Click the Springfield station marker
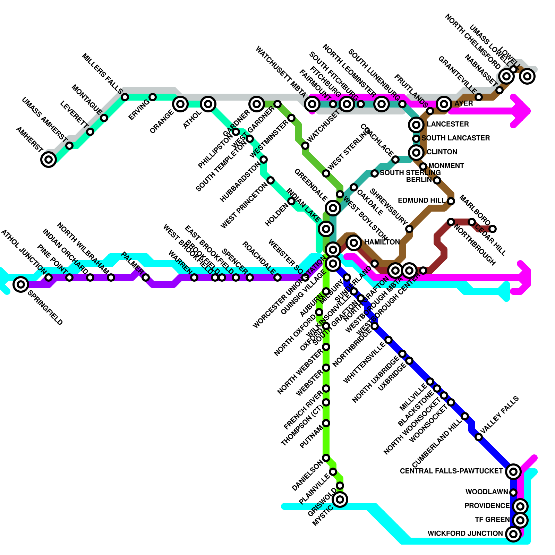(21, 284)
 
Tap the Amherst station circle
(49, 160)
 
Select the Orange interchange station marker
(180, 104)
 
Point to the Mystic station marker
(340, 499)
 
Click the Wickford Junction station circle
(513, 533)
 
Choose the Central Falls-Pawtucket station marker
(513, 471)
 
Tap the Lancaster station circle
(416, 125)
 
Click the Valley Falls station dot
(479, 437)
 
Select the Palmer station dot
(146, 277)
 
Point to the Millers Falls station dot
(125, 97)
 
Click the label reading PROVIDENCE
(487, 506)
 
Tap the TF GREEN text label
(492, 520)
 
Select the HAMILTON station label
(382, 242)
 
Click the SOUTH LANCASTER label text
(455, 138)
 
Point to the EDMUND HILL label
(421, 200)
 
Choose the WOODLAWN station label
(487, 492)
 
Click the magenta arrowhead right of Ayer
(522, 111)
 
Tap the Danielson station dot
(326, 458)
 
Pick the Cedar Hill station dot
(493, 229)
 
